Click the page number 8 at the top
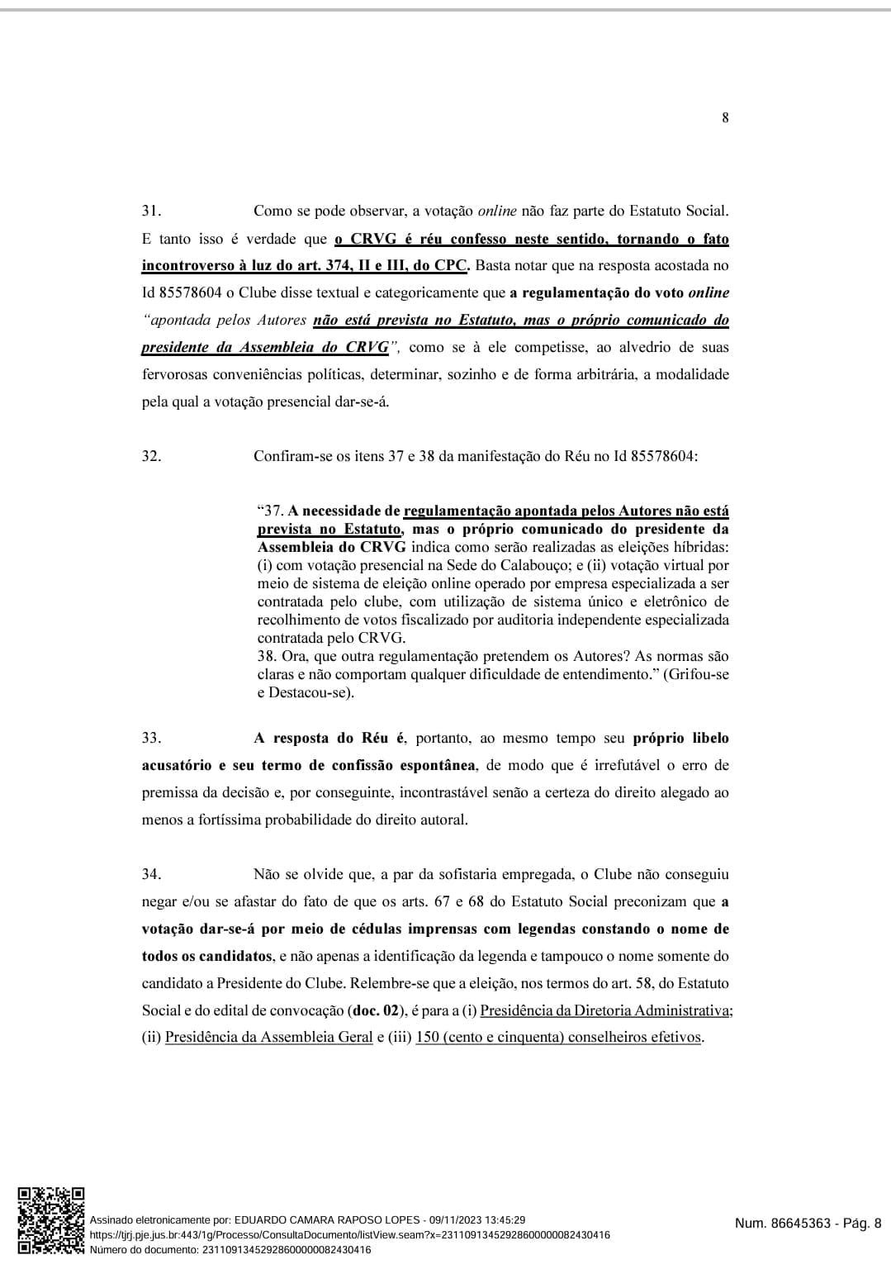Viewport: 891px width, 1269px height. coord(725,117)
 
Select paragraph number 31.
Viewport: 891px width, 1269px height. coord(151,211)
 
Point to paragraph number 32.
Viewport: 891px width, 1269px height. coord(151,455)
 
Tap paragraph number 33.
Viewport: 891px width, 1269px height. coord(151,738)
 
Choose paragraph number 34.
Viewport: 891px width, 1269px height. coord(151,874)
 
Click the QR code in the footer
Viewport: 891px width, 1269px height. coord(51,1220)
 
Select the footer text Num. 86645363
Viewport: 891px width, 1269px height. coord(782,1224)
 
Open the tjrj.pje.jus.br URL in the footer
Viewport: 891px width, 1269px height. coord(349,1234)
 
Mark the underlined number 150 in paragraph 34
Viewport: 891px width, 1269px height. coord(427,1037)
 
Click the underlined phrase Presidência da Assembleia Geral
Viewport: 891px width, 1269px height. coord(268,1037)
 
